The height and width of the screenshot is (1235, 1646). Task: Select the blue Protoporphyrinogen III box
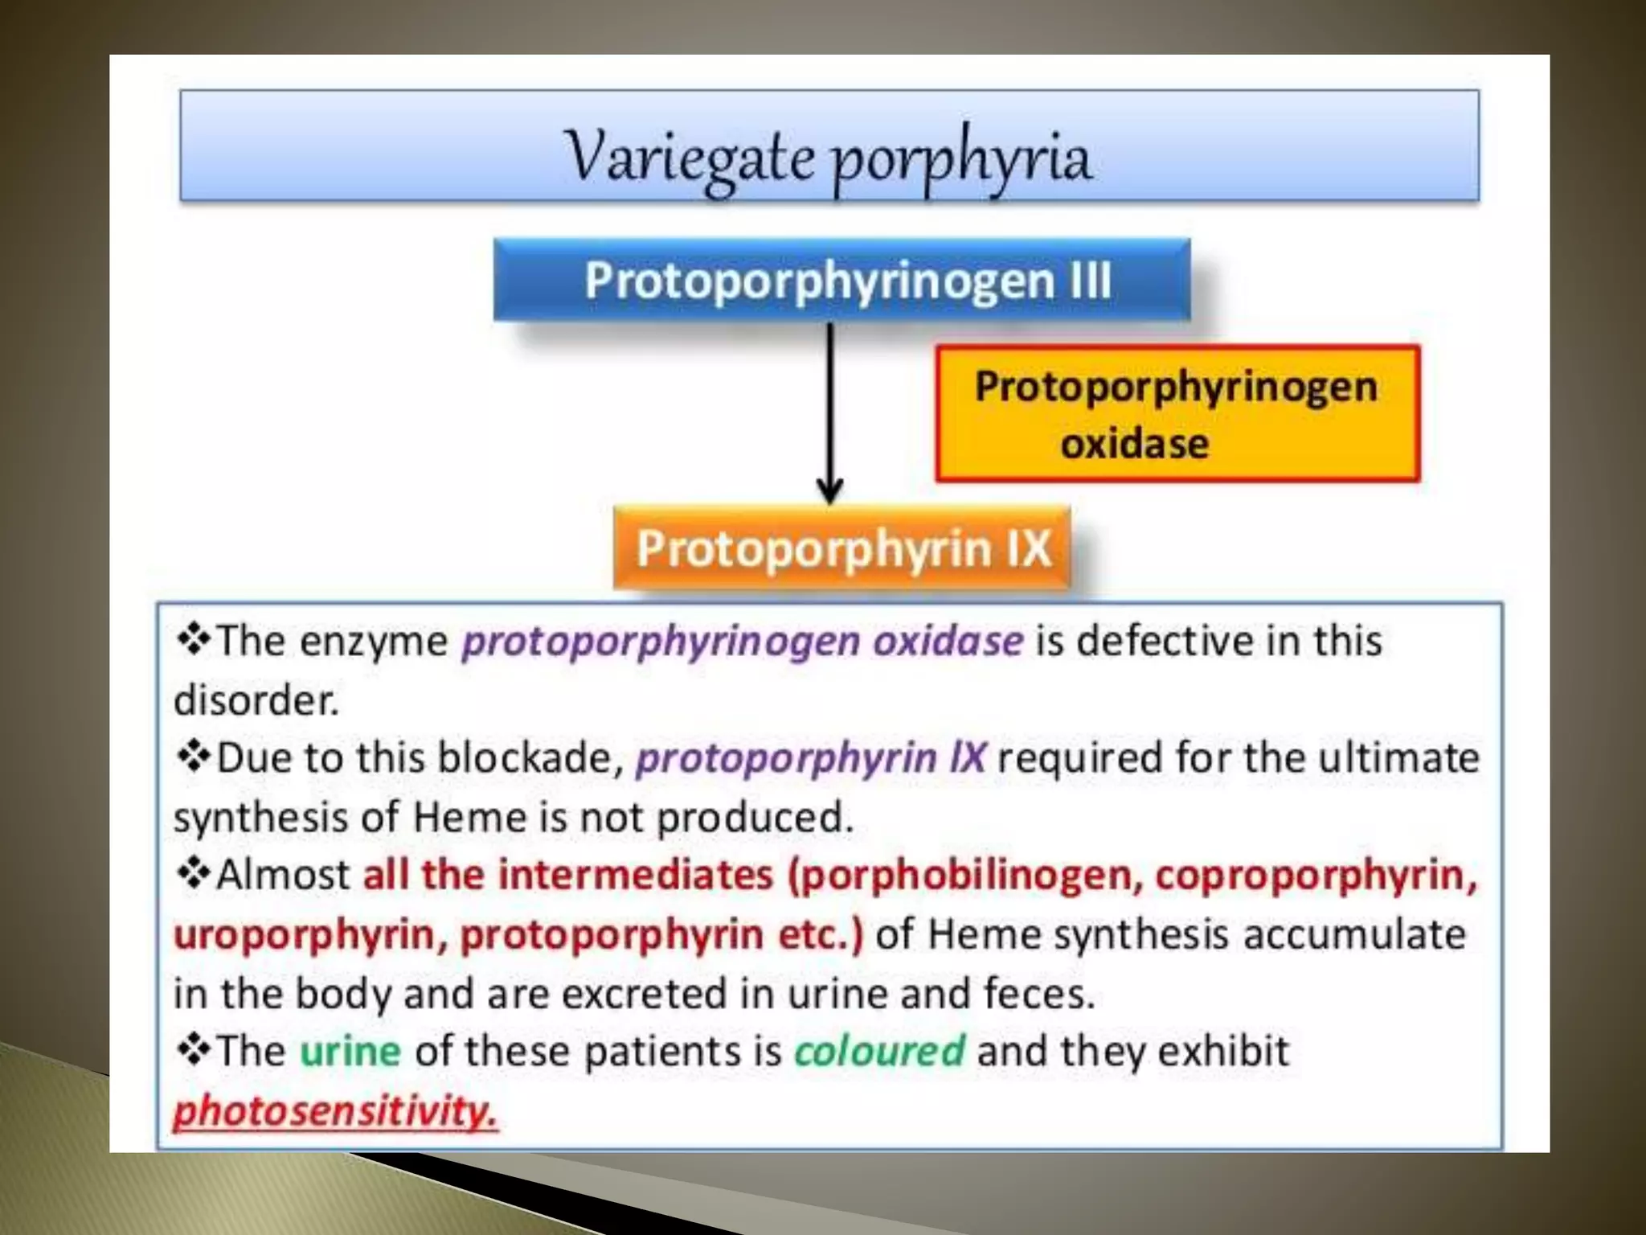pyautogui.click(x=841, y=280)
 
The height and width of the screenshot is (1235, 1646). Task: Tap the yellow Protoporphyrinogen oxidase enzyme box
pyautogui.click(x=1177, y=414)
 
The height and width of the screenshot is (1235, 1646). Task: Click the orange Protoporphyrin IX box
pyautogui.click(x=841, y=548)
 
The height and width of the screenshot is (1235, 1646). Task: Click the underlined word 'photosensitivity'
pyautogui.click(x=335, y=1111)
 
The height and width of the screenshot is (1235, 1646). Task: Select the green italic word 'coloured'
pyautogui.click(x=878, y=1051)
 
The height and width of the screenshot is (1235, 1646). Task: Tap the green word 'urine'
pyautogui.click(x=350, y=1051)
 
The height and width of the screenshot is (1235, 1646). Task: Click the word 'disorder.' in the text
pyautogui.click(x=256, y=700)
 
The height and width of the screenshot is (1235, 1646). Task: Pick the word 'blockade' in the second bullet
pyautogui.click(x=526, y=758)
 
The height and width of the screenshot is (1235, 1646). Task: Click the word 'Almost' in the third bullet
pyautogui.click(x=284, y=875)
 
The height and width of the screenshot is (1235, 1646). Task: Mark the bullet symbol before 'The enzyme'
pyautogui.click(x=193, y=640)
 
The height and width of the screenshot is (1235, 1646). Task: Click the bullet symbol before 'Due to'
pyautogui.click(x=193, y=757)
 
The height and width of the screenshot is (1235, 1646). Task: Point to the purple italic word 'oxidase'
pyautogui.click(x=948, y=642)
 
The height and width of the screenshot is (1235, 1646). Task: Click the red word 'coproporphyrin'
pyautogui.click(x=1316, y=875)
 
